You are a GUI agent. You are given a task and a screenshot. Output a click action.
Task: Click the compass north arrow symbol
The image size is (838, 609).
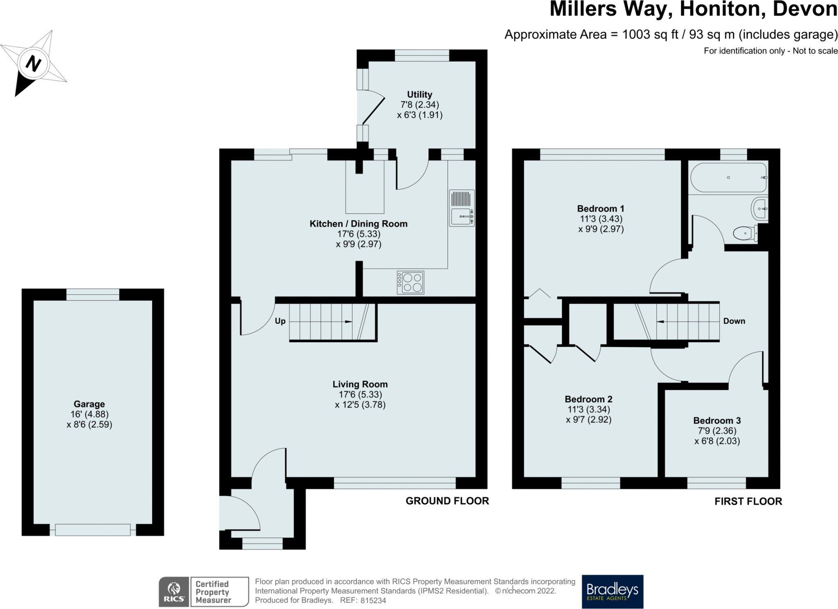pyautogui.click(x=34, y=63)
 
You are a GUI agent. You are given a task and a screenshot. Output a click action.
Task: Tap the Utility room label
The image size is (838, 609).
pyautogui.click(x=419, y=95)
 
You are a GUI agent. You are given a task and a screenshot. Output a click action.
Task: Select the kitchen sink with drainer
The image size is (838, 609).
pyautogui.click(x=462, y=208)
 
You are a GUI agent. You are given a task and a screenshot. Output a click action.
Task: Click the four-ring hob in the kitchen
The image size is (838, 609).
pyautogui.click(x=410, y=282)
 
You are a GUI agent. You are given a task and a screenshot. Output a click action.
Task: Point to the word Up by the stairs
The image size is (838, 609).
pyautogui.click(x=280, y=321)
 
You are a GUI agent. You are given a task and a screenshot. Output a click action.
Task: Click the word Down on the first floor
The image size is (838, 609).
pyautogui.click(x=734, y=321)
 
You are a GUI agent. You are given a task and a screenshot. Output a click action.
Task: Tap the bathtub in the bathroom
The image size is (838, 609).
pyautogui.click(x=728, y=178)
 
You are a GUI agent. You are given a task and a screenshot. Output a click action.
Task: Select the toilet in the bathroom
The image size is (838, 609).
pyautogui.click(x=745, y=234)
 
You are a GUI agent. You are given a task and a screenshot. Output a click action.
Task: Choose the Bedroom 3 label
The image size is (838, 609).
pyautogui.click(x=717, y=421)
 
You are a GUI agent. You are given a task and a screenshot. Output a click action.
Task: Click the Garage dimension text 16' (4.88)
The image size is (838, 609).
pyautogui.click(x=90, y=414)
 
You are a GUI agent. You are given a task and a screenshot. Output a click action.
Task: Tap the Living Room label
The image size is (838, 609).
pyautogui.click(x=360, y=384)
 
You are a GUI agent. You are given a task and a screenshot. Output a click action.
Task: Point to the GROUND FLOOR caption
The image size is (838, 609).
pyautogui.click(x=447, y=501)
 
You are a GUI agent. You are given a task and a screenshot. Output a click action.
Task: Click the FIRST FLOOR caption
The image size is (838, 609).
pyautogui.click(x=748, y=501)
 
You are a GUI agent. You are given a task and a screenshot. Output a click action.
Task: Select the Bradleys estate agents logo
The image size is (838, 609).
pyautogui.click(x=613, y=591)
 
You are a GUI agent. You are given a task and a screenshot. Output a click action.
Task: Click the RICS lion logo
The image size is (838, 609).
pyautogui.click(x=174, y=591)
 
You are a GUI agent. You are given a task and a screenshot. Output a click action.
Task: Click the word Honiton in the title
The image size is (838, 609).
pyautogui.click(x=723, y=9)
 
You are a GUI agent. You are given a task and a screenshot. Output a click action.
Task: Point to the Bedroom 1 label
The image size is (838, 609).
pyautogui.click(x=601, y=209)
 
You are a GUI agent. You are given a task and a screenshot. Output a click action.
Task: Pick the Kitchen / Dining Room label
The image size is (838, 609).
pyautogui.click(x=358, y=224)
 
